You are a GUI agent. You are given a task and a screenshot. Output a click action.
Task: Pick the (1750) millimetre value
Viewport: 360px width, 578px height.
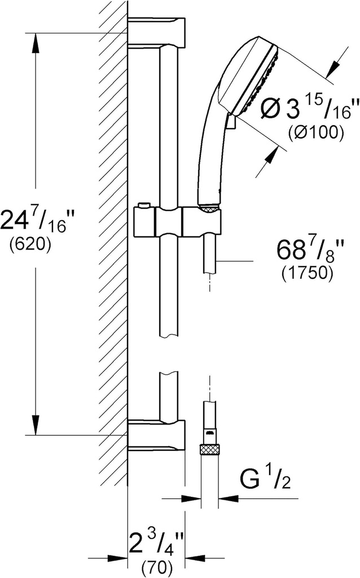pyautogui.click(x=307, y=273)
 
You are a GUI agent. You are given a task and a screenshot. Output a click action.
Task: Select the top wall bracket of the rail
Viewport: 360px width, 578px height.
pyautogui.click(x=156, y=33)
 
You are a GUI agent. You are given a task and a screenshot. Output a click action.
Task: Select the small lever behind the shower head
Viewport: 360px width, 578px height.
pyautogui.click(x=230, y=122)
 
